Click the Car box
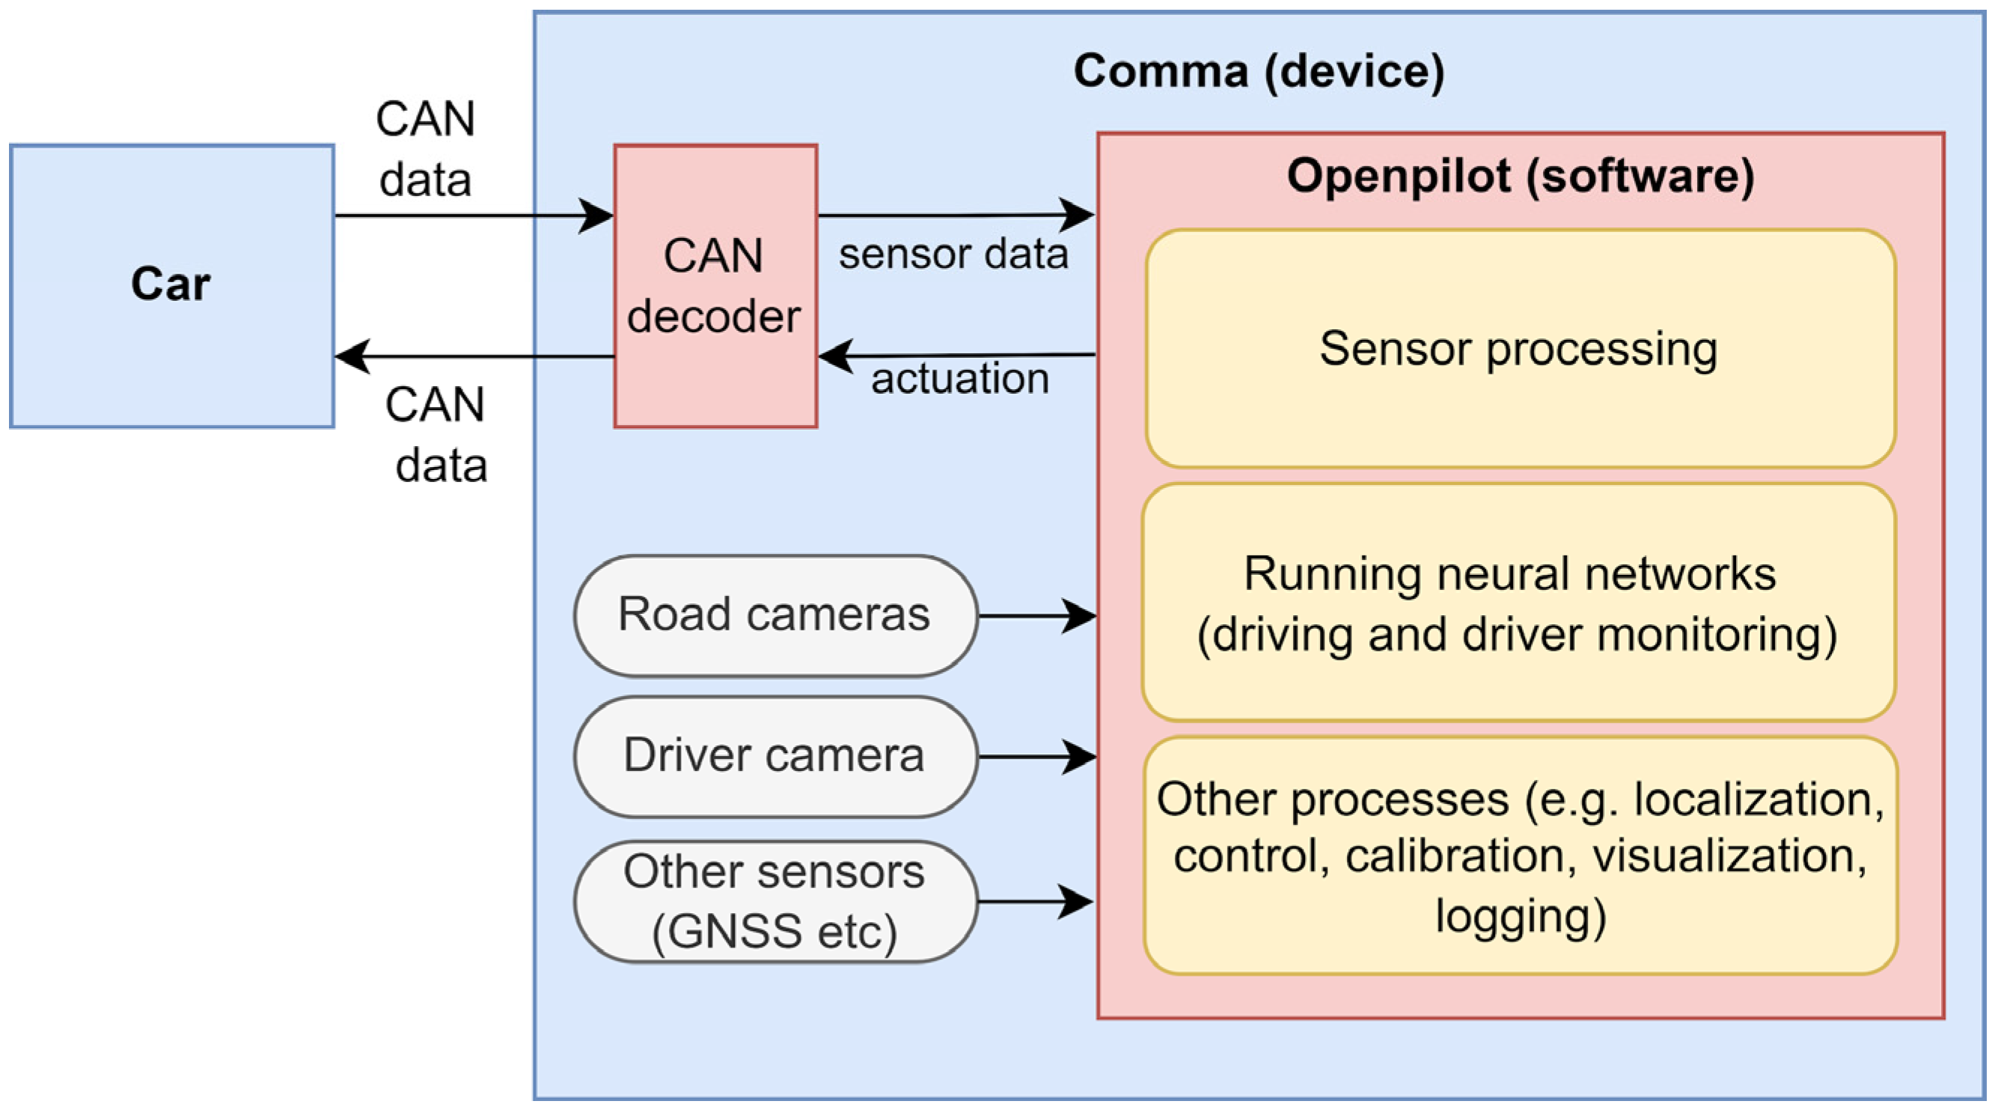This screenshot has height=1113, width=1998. coord(172,285)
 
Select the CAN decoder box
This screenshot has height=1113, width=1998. coord(715,285)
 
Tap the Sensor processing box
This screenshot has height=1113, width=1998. coord(1521,348)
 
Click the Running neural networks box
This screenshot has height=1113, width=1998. coord(1518,603)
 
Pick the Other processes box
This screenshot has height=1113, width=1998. coord(1521,856)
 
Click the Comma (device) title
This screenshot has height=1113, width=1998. coord(1259,71)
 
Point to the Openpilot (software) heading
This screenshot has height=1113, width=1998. coord(1521,176)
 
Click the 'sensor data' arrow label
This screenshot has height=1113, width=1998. coord(953,254)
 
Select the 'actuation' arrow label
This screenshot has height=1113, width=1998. coord(959,379)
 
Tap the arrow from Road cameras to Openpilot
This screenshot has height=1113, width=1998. coord(1038,616)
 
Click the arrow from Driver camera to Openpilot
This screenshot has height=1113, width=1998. coord(1038,756)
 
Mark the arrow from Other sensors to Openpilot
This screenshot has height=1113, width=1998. coord(1036,901)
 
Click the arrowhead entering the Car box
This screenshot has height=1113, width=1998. coord(352,357)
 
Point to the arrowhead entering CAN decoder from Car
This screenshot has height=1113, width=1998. coord(596,216)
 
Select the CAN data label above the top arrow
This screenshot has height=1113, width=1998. coord(425,150)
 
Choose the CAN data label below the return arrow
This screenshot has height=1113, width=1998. coord(437,435)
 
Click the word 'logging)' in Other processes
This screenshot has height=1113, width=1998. coord(1521,917)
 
